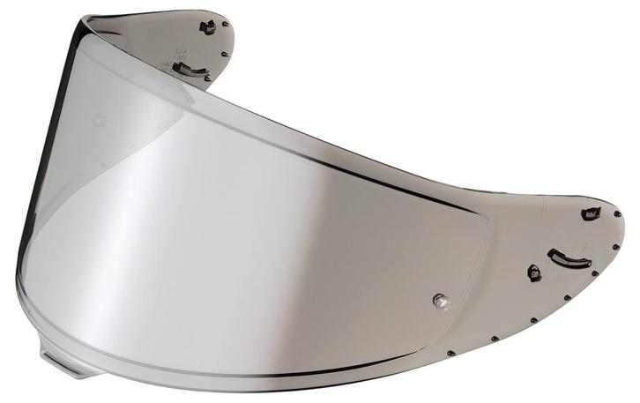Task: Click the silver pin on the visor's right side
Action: point(440,302)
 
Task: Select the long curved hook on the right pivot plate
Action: point(569,258)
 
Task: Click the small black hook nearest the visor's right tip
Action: point(590,213)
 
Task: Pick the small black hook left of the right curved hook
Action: point(534,272)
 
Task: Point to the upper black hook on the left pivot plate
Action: point(208,27)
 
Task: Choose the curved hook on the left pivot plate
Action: point(190,69)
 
